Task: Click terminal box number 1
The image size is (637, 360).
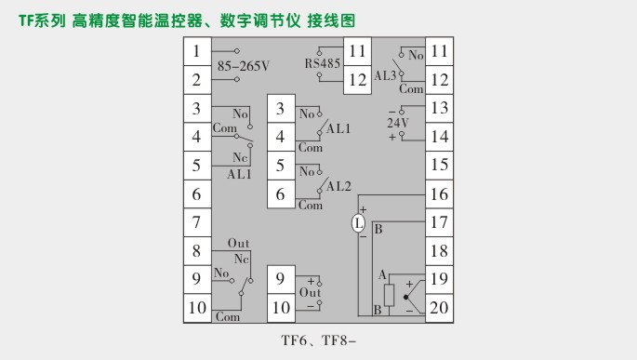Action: tap(197, 52)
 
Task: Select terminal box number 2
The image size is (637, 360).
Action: tap(197, 81)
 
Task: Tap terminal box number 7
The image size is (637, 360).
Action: tap(197, 223)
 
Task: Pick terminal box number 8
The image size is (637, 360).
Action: tap(197, 251)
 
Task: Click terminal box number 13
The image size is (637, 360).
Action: tap(439, 109)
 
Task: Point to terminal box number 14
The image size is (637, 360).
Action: tap(439, 137)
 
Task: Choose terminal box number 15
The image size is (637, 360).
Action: tap(439, 166)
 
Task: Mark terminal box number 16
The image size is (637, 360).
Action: tap(439, 194)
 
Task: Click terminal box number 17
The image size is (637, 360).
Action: tap(439, 222)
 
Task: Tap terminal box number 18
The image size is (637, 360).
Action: tap(439, 251)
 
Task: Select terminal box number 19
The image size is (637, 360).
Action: tap(439, 279)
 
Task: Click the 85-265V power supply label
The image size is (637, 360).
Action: tap(243, 66)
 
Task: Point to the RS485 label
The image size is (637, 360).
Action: tap(323, 64)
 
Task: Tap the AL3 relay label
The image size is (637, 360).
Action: tap(385, 73)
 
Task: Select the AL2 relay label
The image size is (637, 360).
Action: tap(338, 186)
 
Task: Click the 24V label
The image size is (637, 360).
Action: tap(398, 122)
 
